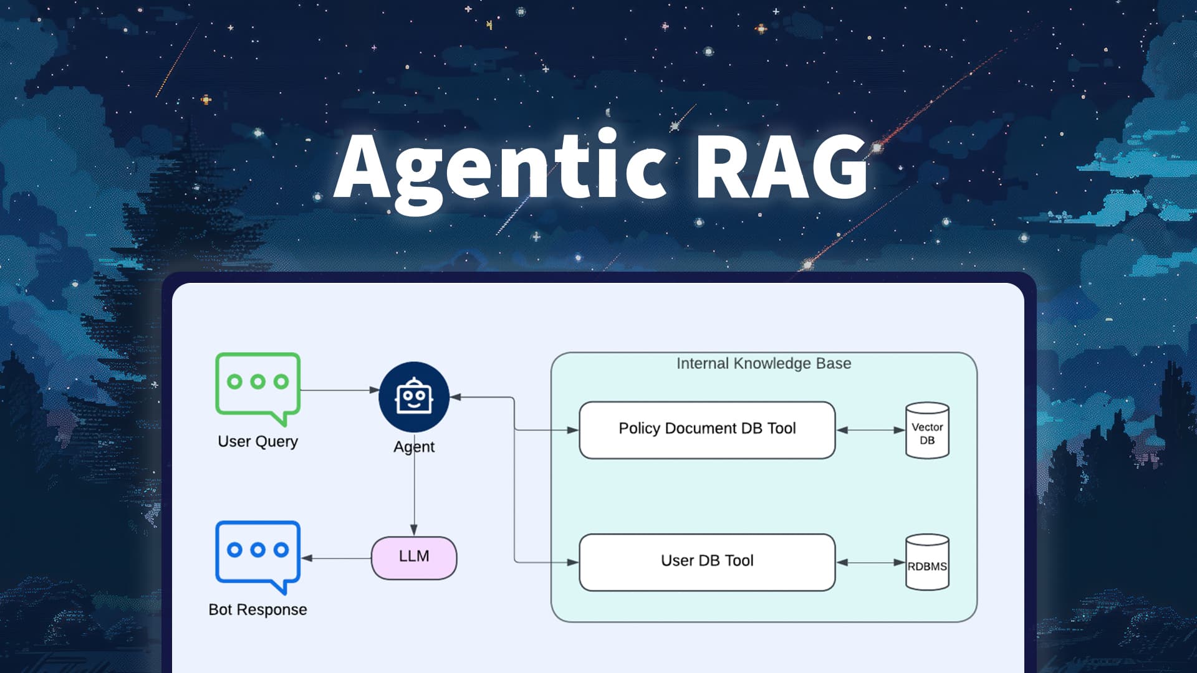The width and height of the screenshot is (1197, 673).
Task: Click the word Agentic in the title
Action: (499, 167)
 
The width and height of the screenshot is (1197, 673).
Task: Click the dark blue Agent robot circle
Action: (414, 397)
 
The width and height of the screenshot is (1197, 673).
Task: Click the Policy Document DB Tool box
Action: (707, 430)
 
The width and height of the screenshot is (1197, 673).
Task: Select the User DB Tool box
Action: (707, 562)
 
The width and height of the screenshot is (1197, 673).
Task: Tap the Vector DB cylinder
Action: (927, 431)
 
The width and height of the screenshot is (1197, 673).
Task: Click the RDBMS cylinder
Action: (927, 563)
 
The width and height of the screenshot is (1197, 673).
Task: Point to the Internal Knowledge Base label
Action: (764, 363)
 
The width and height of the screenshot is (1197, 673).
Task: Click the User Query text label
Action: (257, 441)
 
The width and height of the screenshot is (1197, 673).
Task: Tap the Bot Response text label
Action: (257, 609)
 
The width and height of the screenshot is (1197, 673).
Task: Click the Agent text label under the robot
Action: (414, 447)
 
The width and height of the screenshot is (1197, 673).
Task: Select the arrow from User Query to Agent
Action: (340, 390)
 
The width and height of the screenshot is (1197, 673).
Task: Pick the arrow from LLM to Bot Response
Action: (337, 558)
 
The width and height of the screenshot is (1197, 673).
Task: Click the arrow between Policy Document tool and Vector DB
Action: (870, 430)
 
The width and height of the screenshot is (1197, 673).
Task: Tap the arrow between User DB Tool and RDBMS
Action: (870, 562)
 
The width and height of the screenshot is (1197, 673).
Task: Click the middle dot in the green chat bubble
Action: (257, 381)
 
